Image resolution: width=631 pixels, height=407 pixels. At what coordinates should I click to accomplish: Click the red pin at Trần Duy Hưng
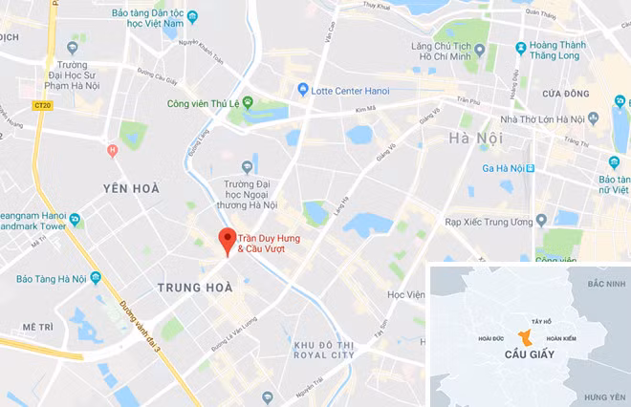227,239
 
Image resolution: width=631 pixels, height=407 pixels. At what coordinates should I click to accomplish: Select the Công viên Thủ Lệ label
204,103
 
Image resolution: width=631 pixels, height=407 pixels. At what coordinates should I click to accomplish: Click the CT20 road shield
41,105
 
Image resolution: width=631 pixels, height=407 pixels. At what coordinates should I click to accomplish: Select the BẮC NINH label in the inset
605,284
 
